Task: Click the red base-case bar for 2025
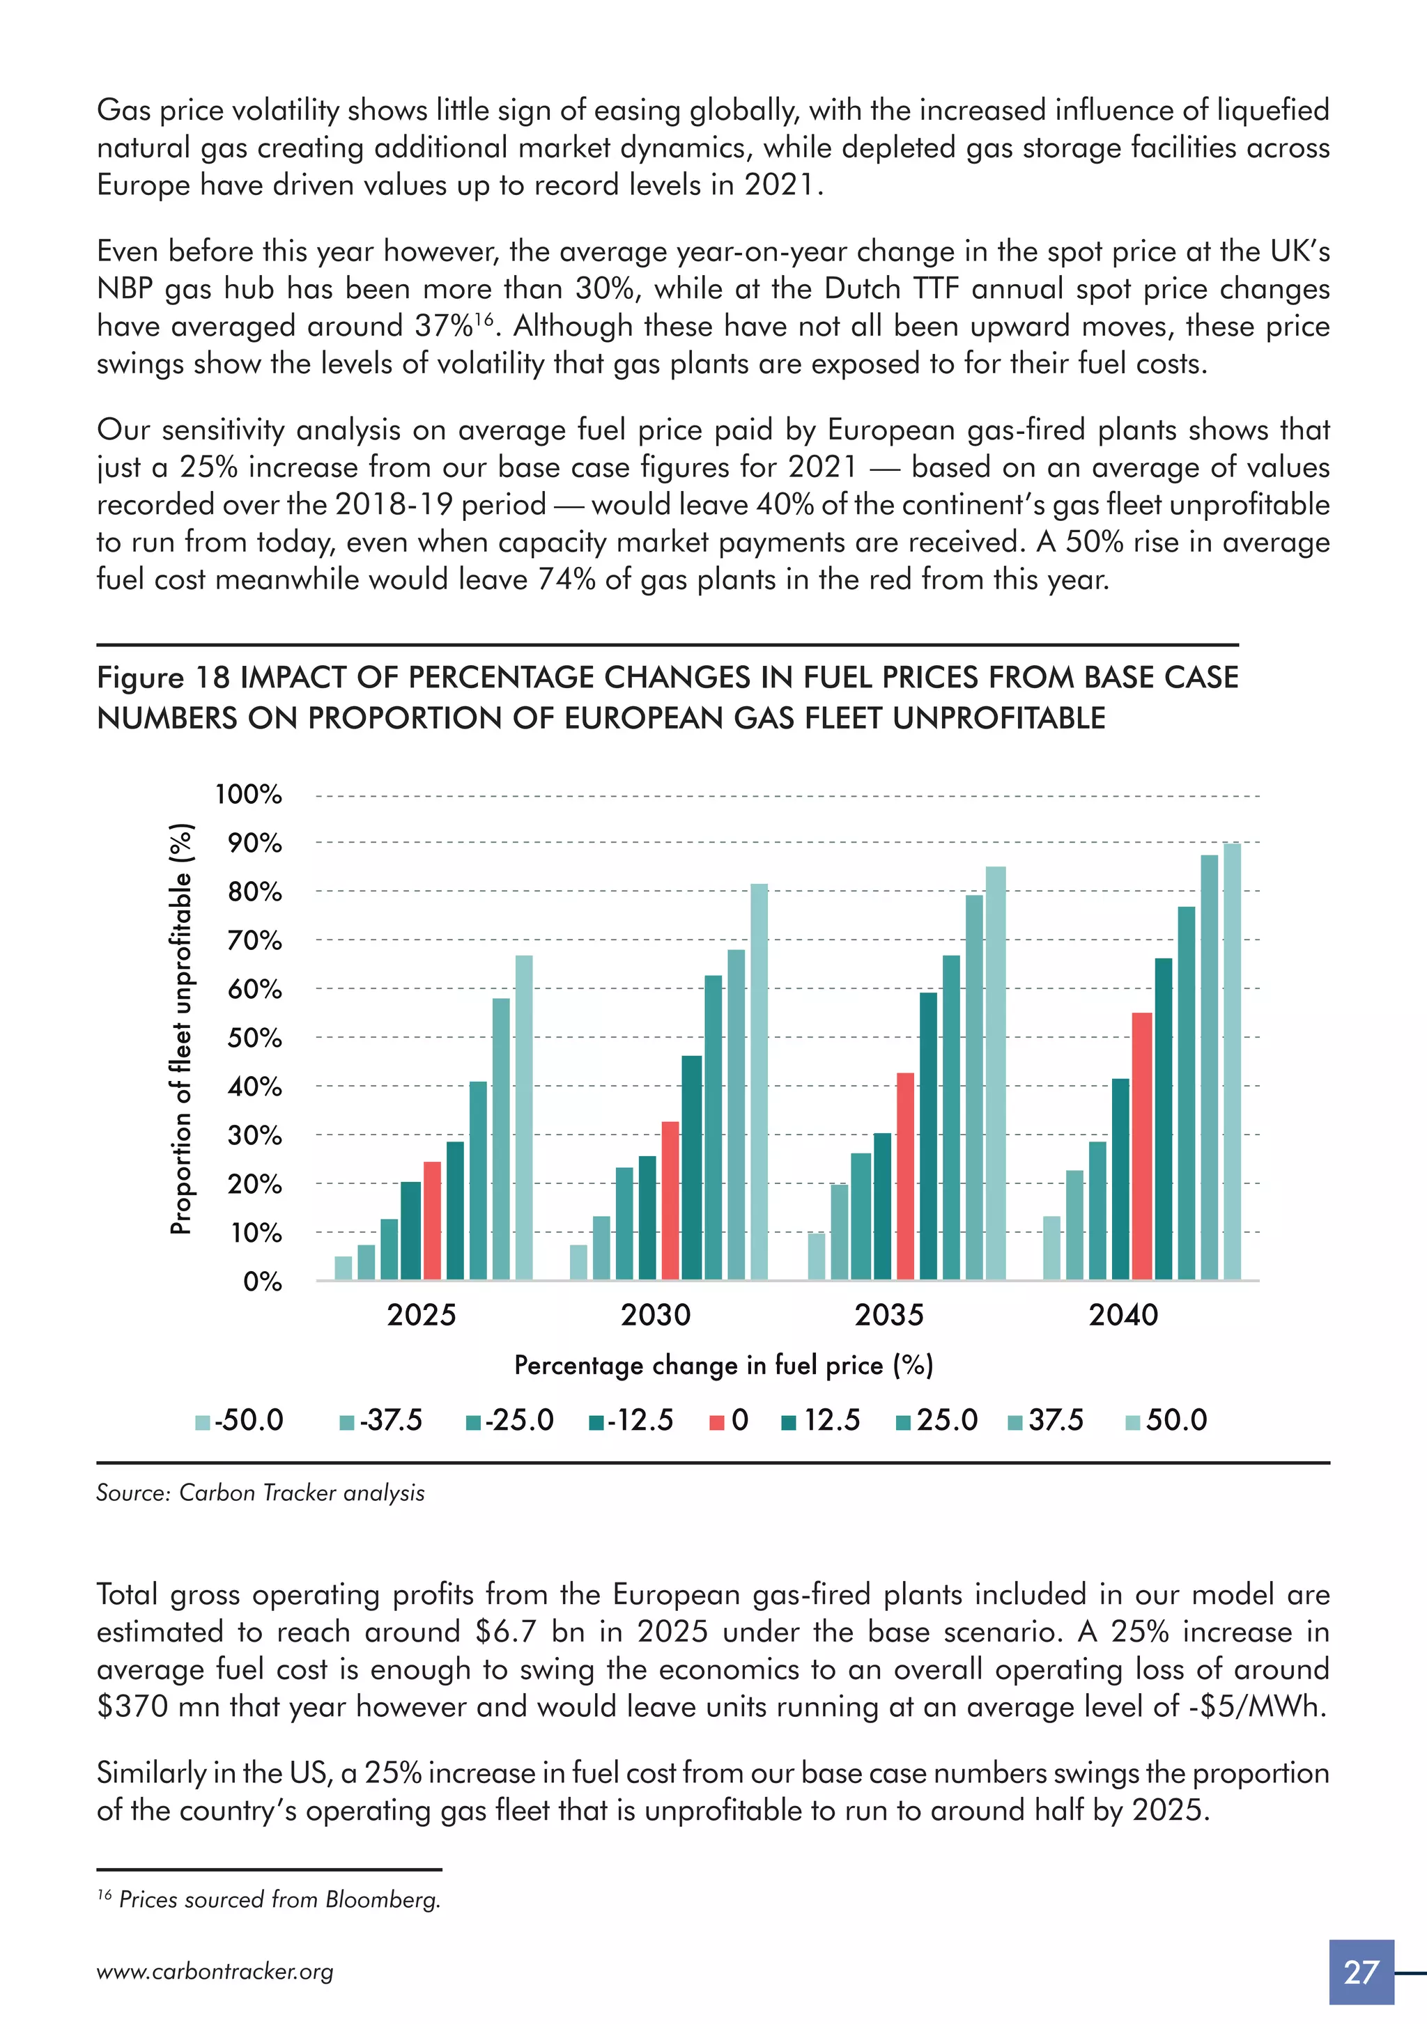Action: (432, 1220)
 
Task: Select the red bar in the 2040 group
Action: (1141, 1146)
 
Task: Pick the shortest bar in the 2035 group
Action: (817, 1256)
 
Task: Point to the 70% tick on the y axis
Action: (255, 940)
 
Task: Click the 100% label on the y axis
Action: (249, 794)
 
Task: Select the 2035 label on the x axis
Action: (888, 1314)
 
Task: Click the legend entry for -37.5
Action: (382, 1420)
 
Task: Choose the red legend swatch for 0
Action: (717, 1422)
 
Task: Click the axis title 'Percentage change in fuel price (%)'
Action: (723, 1366)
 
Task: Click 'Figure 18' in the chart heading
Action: (163, 677)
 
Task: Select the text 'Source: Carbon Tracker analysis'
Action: (260, 1493)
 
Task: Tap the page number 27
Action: (1361, 1972)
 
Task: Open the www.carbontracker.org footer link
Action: (215, 1972)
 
